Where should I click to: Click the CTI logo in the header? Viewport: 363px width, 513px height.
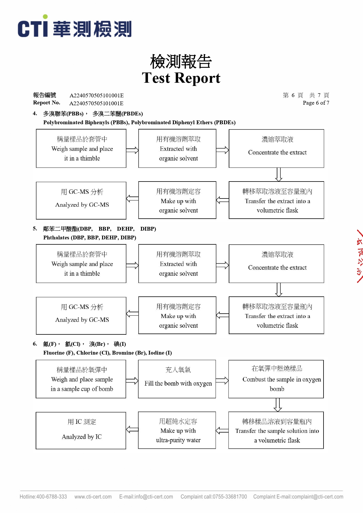point(75,28)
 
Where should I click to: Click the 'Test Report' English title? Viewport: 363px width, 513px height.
point(181,78)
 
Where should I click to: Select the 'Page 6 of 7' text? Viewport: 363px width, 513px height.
point(316,103)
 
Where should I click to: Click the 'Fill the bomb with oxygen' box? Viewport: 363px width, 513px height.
point(177,379)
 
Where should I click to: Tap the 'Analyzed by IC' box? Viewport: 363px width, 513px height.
point(81,431)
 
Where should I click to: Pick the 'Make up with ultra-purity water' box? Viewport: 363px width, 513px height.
point(177,430)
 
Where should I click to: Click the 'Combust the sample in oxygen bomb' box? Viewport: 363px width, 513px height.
point(276,379)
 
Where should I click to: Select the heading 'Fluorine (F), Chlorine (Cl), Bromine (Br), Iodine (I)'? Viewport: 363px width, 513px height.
point(107,353)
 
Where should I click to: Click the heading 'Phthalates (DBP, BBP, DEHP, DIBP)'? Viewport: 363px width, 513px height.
point(90,238)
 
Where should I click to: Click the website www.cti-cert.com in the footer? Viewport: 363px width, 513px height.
point(93,497)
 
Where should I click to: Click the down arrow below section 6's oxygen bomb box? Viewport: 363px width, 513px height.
point(278,405)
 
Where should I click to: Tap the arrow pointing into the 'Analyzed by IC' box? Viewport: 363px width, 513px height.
point(132,430)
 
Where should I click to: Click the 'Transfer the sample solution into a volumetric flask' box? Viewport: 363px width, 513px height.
point(276,430)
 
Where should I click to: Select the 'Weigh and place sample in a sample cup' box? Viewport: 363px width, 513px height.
point(81,379)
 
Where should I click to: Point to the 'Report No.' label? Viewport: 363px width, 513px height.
point(47,103)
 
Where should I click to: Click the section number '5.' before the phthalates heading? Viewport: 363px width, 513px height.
point(35,229)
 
